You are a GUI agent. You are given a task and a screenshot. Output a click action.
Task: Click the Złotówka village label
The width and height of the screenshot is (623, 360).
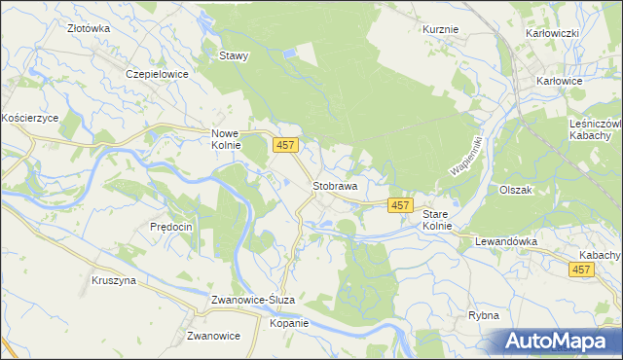89,29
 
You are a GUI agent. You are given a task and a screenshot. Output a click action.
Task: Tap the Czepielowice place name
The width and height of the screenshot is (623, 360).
156,73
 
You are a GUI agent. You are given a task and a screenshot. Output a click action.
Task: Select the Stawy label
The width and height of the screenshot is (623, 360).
235,55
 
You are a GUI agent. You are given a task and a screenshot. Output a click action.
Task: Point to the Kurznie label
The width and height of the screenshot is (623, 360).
441,29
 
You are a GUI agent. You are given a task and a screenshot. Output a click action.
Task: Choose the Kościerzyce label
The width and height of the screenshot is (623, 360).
30,117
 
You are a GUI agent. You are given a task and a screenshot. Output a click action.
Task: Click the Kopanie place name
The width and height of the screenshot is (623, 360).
289,323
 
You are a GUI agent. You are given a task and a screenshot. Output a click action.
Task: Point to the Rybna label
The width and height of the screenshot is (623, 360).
483,315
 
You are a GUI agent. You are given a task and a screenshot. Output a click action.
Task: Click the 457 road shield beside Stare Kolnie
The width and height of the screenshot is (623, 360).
400,205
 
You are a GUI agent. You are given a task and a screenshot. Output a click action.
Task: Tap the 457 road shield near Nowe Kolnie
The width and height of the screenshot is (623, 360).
285,145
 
